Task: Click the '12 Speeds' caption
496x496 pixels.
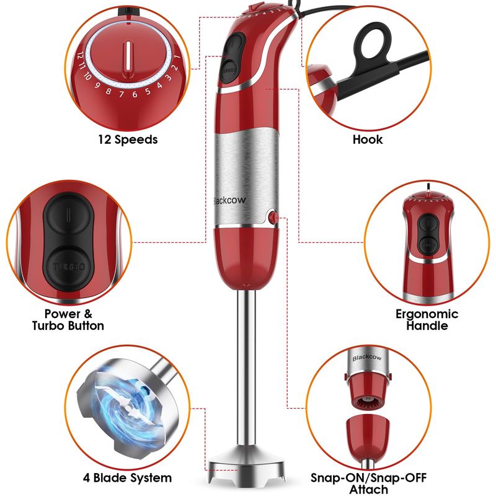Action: (128, 139)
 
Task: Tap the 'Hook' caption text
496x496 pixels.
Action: (368, 139)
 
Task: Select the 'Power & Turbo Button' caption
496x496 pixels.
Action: (68, 319)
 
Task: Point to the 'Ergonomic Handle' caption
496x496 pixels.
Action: (427, 319)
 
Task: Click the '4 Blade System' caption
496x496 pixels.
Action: (127, 477)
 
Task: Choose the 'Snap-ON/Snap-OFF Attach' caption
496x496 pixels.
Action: (368, 483)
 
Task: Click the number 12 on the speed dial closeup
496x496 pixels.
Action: (80, 56)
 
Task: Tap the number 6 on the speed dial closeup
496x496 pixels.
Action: (135, 94)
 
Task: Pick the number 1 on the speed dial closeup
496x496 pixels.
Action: (177, 57)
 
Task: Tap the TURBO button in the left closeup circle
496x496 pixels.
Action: (69, 267)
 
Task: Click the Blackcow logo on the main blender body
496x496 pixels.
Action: (229, 200)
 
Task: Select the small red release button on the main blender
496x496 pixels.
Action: (272, 218)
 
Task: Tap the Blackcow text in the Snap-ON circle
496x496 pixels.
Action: (366, 358)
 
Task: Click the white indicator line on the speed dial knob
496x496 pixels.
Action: (128, 56)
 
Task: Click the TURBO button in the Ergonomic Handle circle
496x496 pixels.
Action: (428, 245)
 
